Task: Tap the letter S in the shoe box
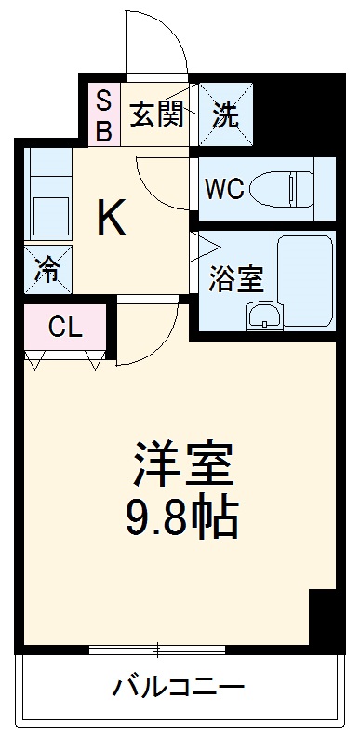pyautogui.click(x=103, y=99)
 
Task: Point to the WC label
pyautogui.click(x=223, y=189)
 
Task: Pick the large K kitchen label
pyautogui.click(x=111, y=219)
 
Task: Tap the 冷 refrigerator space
pyautogui.click(x=46, y=270)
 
